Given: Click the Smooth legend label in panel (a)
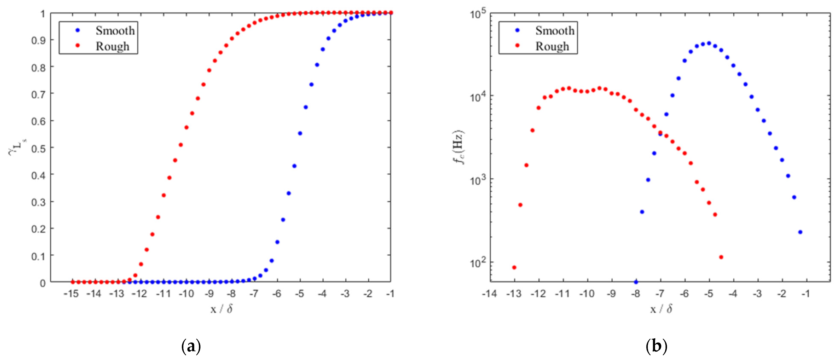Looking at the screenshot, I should coord(115,31).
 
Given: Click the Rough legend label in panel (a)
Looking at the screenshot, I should coord(112,46).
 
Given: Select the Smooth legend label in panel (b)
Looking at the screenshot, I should coord(555,31).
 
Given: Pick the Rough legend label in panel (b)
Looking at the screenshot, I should coord(552,46).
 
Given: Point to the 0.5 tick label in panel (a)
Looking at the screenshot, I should coord(38,148).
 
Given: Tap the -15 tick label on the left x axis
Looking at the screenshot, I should coord(71,294).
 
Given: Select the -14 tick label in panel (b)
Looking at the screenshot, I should coord(489,294).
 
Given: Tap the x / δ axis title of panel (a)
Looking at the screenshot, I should coord(221,309).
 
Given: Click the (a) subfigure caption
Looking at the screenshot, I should coord(191,346).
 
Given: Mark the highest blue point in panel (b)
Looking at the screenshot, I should coord(709,43).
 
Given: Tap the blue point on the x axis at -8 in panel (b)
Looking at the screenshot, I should coord(636,282).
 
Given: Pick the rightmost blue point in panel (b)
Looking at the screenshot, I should coord(800,232).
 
